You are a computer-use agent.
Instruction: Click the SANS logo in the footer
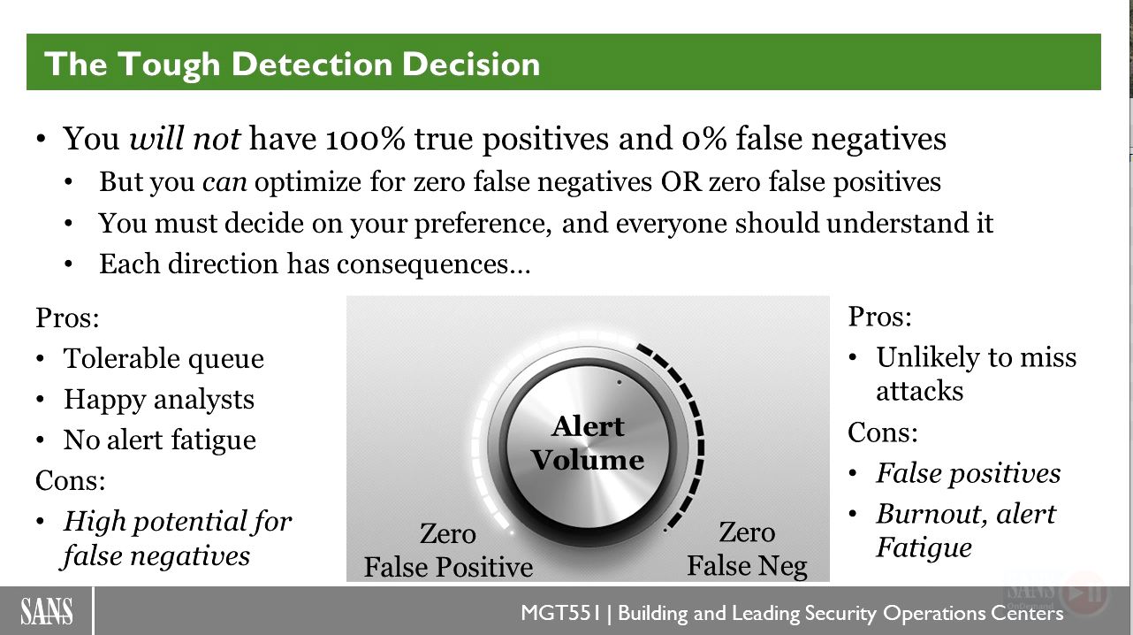(47, 611)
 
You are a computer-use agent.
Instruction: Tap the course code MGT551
(560, 613)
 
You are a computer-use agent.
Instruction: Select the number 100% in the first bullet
(365, 139)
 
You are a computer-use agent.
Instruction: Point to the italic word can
(224, 182)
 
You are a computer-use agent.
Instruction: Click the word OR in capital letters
(681, 181)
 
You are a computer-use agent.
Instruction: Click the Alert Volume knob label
(587, 443)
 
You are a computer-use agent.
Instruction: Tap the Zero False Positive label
(448, 550)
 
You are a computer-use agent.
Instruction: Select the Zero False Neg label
(747, 549)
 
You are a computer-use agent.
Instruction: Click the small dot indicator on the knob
(620, 383)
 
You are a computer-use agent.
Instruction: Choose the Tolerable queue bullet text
(163, 359)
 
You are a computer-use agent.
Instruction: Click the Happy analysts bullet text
(159, 400)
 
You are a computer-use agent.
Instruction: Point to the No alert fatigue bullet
(160, 440)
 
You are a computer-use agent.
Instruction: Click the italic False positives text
(968, 474)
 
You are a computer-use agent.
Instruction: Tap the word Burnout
(931, 514)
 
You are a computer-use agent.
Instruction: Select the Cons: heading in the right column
(883, 432)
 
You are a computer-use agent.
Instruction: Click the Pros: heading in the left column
(67, 317)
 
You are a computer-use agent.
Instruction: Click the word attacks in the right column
(919, 391)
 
